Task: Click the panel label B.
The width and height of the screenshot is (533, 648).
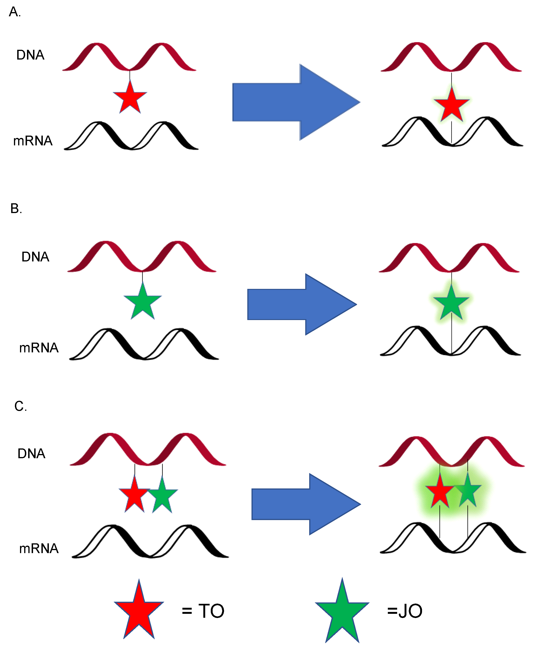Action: pos(16,208)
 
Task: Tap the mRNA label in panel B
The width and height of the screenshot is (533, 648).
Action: pos(39,348)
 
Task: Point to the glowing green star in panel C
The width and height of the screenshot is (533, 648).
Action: pos(467,492)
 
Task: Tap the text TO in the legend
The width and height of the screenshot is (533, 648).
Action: pos(211,611)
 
